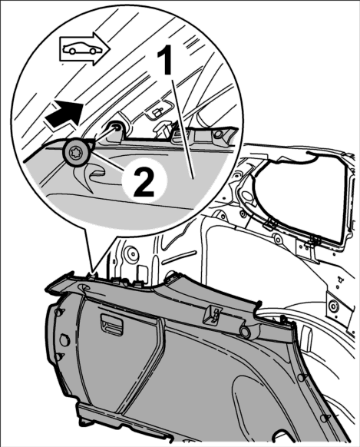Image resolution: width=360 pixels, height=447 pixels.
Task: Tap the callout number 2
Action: click(144, 182)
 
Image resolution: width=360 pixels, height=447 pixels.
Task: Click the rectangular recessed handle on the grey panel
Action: click(111, 324)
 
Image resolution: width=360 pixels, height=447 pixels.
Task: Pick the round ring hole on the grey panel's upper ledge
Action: click(245, 331)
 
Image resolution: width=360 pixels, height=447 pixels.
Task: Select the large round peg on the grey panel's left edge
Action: click(64, 339)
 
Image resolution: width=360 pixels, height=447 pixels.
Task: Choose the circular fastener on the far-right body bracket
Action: click(332, 306)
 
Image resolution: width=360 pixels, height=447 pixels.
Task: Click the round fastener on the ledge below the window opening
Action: click(276, 236)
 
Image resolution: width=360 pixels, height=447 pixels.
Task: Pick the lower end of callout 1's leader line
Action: click(193, 179)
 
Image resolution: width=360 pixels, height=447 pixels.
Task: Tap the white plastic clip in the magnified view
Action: click(163, 127)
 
